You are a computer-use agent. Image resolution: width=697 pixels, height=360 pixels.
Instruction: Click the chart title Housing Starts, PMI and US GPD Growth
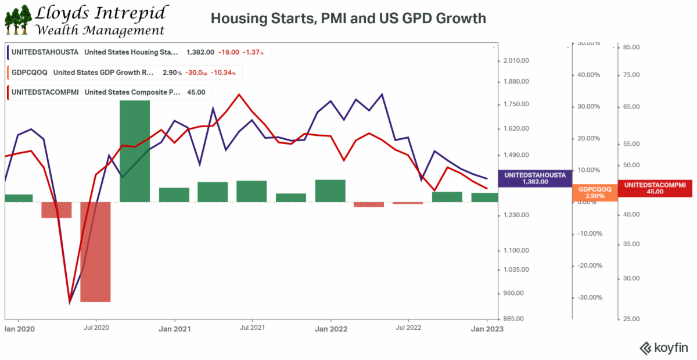click(x=348, y=19)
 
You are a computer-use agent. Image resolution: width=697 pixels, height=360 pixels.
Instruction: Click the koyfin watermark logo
click(x=664, y=348)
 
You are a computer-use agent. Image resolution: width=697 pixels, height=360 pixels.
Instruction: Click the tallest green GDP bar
click(x=135, y=151)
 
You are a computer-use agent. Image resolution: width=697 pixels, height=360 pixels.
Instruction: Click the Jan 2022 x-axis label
click(x=330, y=328)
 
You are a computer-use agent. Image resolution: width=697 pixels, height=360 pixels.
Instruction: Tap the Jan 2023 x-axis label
click(x=486, y=328)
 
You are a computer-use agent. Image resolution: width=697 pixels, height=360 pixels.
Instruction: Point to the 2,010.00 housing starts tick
click(x=515, y=60)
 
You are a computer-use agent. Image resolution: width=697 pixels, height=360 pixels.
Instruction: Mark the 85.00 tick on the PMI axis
click(x=631, y=47)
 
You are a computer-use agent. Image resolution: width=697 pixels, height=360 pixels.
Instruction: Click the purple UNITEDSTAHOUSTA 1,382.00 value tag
click(x=535, y=178)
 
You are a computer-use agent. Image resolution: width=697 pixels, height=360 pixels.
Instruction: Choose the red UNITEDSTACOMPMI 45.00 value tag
click(x=655, y=188)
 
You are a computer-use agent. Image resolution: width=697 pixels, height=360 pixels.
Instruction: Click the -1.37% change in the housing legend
click(x=254, y=52)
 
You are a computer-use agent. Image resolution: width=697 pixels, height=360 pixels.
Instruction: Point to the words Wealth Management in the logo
click(x=99, y=30)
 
